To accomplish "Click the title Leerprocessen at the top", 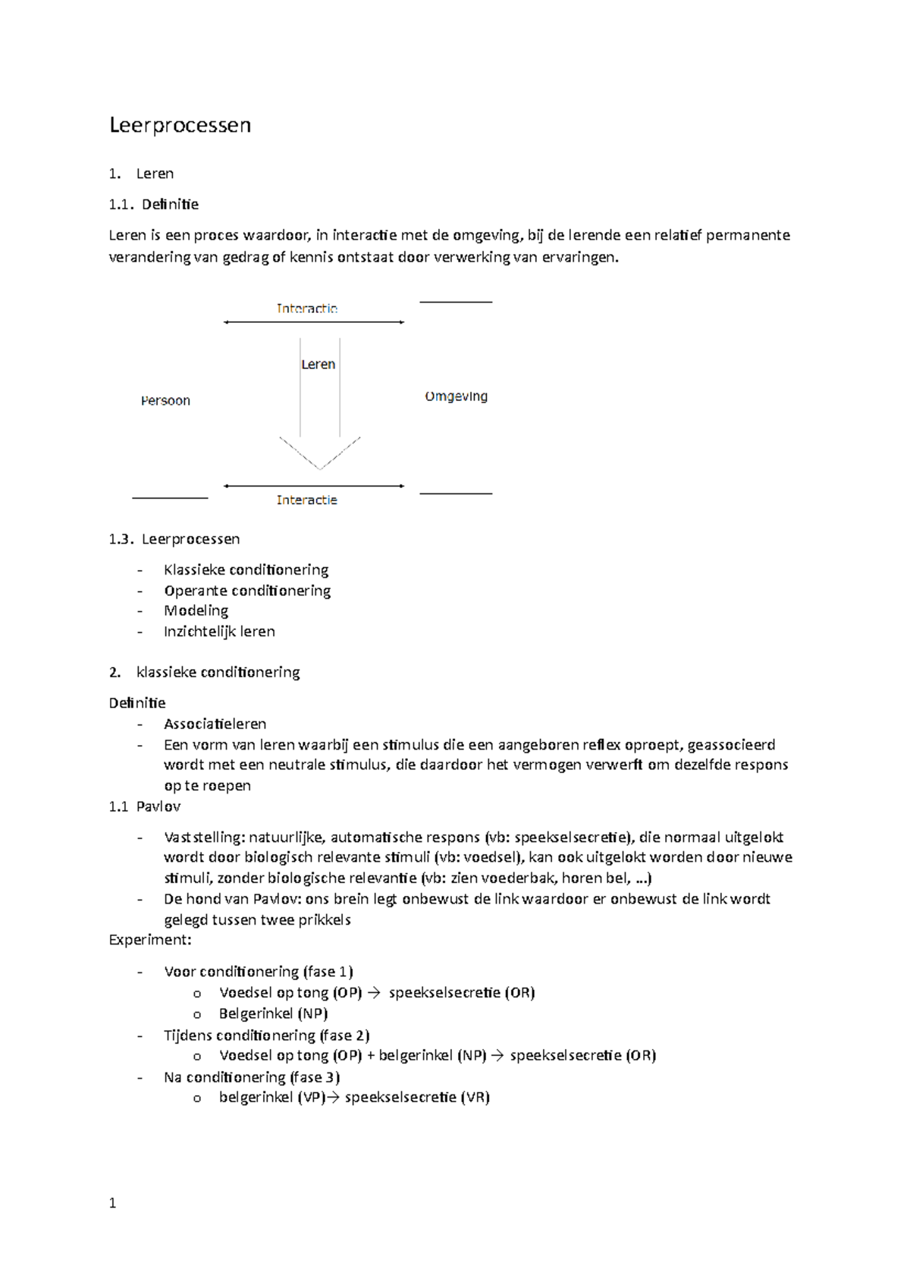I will [x=180, y=125].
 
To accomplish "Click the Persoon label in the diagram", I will [x=165, y=401].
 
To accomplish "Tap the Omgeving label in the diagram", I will [x=456, y=396].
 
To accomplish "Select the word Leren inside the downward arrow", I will [x=318, y=365].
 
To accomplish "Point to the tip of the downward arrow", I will [x=320, y=468].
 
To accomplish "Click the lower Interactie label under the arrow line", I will [x=306, y=500].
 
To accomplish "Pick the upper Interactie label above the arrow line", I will [x=306, y=308].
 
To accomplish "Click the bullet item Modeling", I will [x=196, y=611].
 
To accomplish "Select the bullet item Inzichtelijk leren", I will [x=219, y=631].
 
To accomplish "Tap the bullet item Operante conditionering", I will [x=247, y=590].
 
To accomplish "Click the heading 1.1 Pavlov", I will [x=145, y=806].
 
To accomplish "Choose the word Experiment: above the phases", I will [x=150, y=940].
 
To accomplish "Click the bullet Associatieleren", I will [x=215, y=724].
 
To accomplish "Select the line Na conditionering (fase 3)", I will [x=251, y=1077].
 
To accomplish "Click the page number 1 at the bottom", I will [x=113, y=1203].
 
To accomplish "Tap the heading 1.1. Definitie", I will [x=154, y=205].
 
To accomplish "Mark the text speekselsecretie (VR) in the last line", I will [x=417, y=1098].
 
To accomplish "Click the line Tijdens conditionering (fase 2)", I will [x=266, y=1035].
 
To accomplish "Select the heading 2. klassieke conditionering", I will [x=205, y=672].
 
